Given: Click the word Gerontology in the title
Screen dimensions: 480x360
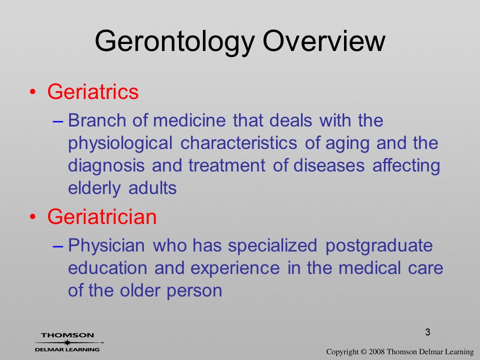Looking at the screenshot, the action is point(175,42).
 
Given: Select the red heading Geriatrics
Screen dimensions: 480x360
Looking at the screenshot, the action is point(93,91).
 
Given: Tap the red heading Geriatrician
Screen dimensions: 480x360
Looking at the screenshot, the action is point(102,216).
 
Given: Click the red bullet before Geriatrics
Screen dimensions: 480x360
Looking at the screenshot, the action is point(33,92).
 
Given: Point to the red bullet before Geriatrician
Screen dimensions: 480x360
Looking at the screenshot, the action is point(33,216).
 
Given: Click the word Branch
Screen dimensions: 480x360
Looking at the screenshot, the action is point(97,120).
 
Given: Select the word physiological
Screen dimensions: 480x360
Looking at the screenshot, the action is point(120,144).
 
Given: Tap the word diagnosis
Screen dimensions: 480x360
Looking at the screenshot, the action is point(106,166).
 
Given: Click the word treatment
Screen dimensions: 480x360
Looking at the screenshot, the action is point(227,165).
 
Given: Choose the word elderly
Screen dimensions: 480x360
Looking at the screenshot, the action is point(94,188).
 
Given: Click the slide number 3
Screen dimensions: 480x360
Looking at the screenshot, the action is point(427,332).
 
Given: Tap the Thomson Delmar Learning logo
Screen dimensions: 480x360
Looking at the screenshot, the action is point(68,342).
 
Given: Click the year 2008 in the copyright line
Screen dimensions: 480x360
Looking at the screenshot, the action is point(376,351).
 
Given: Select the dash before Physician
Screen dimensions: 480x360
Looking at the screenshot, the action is point(58,246).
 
